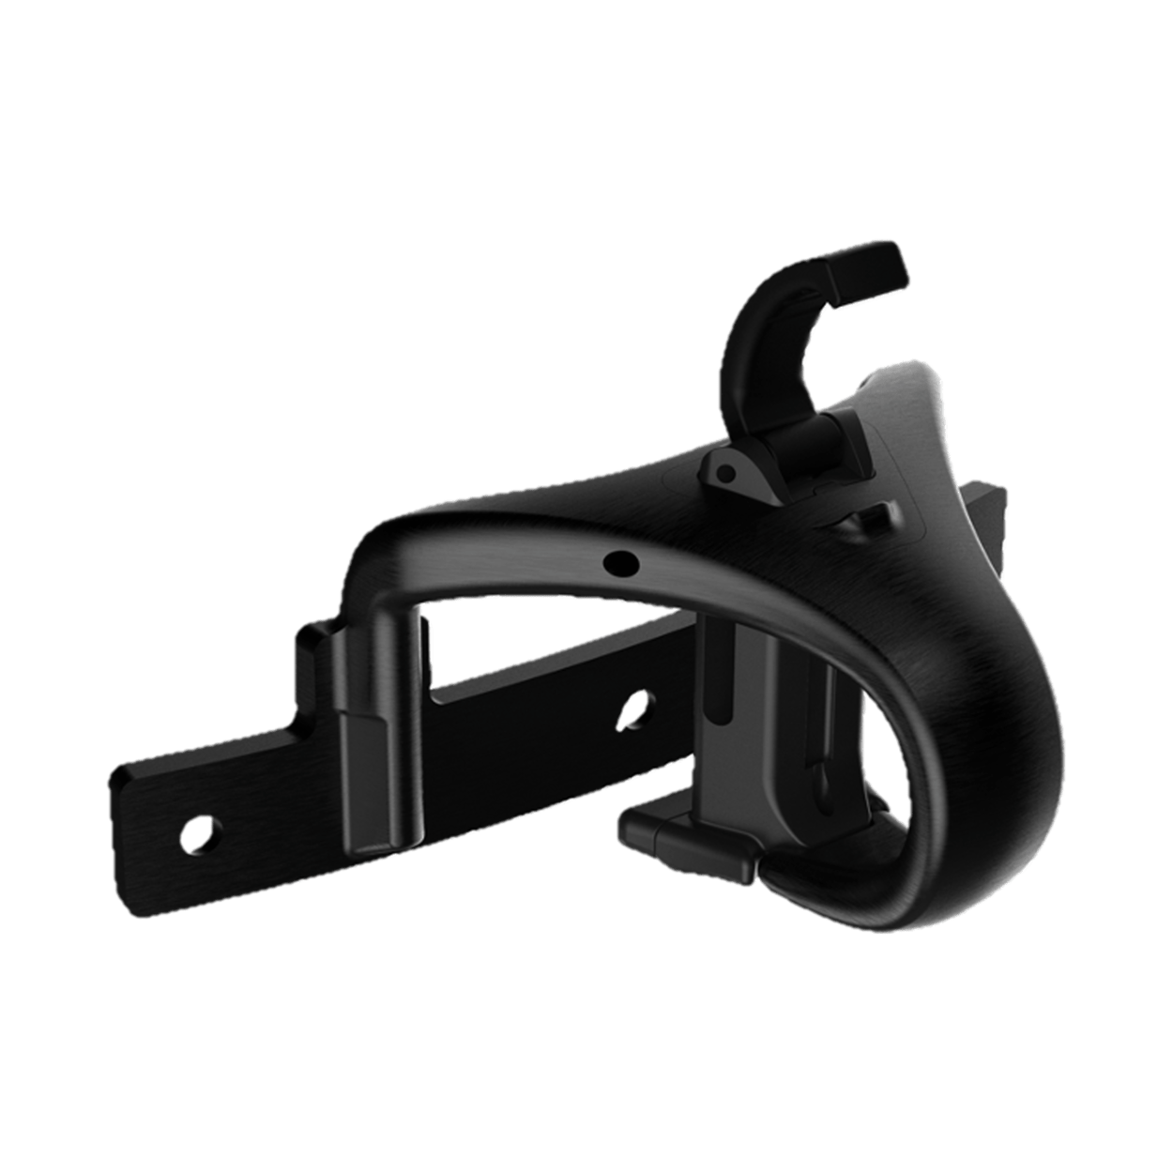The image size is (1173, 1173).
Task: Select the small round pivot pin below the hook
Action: coord(724,473)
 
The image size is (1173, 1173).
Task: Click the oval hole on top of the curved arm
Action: coord(618,562)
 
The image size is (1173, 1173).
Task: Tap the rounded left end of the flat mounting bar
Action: coord(127,798)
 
